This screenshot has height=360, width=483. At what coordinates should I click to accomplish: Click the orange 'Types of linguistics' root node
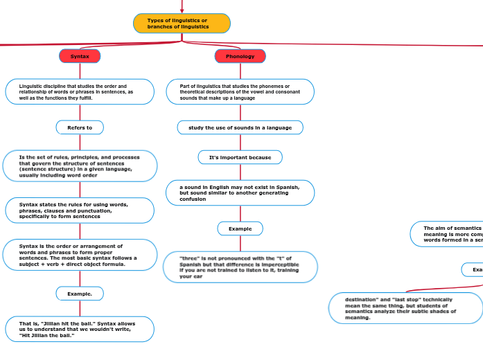tap(182, 24)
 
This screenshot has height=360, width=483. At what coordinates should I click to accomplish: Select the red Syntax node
tap(80, 56)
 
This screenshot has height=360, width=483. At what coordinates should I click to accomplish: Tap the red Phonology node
tap(240, 56)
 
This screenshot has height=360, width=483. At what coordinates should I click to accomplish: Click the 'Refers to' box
tap(80, 127)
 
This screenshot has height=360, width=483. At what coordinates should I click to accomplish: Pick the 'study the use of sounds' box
tap(240, 127)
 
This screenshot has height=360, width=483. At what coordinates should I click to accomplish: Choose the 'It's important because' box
tap(240, 157)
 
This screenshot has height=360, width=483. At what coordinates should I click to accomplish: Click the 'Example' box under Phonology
tap(240, 228)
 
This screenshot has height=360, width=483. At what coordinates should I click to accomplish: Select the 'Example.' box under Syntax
tap(80, 294)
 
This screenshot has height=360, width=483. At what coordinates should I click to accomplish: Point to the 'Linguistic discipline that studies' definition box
tap(80, 91)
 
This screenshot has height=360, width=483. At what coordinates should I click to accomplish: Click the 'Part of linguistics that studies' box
tap(240, 91)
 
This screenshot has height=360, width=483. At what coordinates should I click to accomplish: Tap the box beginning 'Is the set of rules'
tap(80, 166)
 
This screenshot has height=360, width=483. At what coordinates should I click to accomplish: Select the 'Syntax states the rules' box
tap(80, 210)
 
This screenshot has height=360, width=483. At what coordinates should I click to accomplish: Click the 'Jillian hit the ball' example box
tap(80, 330)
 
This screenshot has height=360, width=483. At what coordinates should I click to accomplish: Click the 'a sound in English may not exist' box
tap(240, 193)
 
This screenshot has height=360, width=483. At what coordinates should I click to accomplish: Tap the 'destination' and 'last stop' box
tap(405, 308)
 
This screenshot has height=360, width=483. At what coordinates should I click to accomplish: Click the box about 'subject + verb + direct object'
tap(80, 255)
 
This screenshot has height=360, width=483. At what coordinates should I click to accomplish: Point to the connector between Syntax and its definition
tap(80, 71)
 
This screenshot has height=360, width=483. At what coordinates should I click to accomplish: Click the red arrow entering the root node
tap(182, 7)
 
